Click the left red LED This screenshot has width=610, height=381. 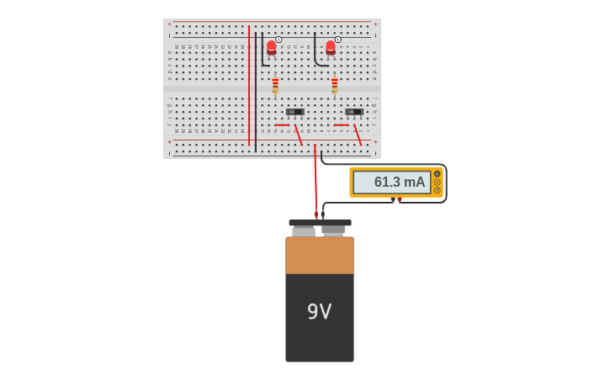click(x=271, y=47)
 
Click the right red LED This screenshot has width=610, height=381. click(x=331, y=47)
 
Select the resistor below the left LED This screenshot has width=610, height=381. click(x=275, y=86)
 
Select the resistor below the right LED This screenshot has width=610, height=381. click(x=334, y=86)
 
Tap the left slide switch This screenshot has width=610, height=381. click(x=294, y=112)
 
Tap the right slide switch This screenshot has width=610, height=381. click(x=354, y=112)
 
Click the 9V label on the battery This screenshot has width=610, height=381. click(x=319, y=312)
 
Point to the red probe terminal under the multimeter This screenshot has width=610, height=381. click(x=400, y=200)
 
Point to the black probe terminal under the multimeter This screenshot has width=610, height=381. click(x=392, y=200)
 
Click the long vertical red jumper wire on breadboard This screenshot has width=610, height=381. click(x=249, y=84)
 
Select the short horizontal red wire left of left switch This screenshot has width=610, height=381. click(x=281, y=125)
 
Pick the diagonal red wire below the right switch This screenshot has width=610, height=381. click(x=358, y=135)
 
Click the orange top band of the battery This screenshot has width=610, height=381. click(x=319, y=255)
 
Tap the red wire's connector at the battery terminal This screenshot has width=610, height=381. click(x=316, y=215)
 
